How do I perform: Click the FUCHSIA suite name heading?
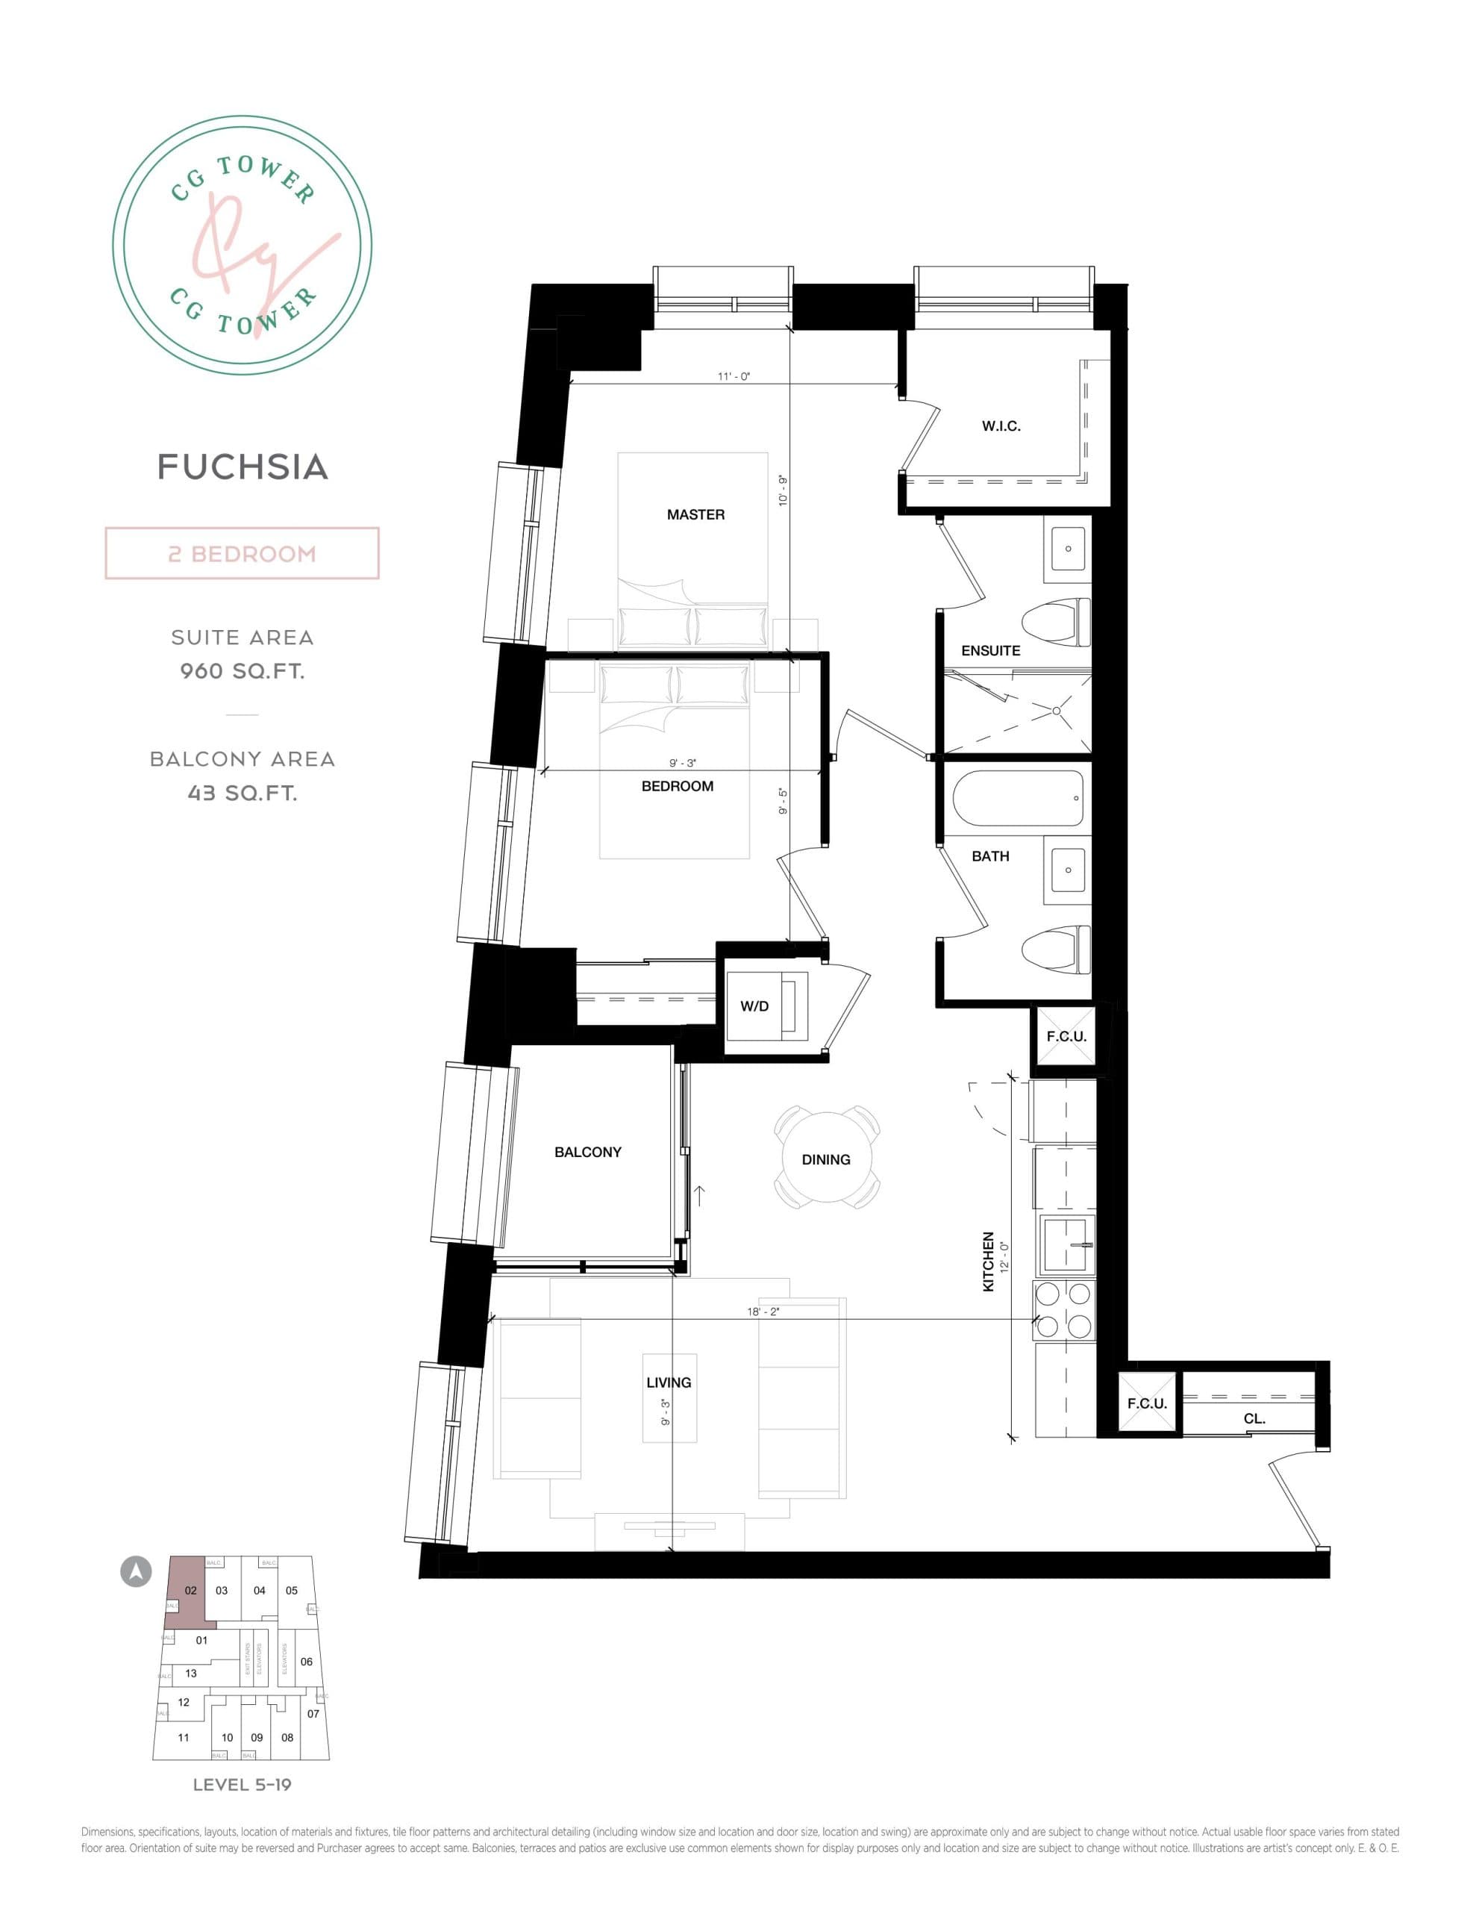[243, 467]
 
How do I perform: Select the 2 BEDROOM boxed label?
[243, 554]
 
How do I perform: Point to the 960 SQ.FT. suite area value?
[243, 671]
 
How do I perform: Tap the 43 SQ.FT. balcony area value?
[243, 793]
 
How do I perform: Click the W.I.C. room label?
[1001, 426]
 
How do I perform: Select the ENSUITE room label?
[990, 650]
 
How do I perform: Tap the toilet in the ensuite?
[1057, 622]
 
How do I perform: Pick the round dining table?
[826, 1159]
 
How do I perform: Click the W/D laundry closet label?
[754, 1006]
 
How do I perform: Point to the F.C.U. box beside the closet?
[1147, 1403]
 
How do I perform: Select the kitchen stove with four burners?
[1064, 1310]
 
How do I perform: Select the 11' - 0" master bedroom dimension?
[734, 376]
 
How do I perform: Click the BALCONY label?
[588, 1153]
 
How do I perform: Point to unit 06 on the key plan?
[306, 1662]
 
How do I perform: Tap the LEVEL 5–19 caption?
[243, 1784]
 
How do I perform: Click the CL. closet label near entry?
[1254, 1419]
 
